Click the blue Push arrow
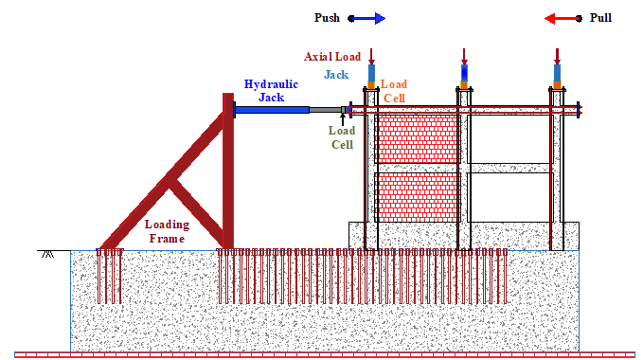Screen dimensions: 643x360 click(x=366, y=18)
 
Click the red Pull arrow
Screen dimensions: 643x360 click(x=563, y=18)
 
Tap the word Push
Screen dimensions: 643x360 click(x=327, y=18)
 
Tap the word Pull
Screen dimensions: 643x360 click(x=600, y=18)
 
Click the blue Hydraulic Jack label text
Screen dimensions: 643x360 click(x=271, y=91)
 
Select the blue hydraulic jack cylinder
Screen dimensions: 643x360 click(x=272, y=110)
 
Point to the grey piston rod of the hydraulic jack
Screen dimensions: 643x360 click(x=325, y=110)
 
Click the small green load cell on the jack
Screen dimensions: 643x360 click(x=344, y=110)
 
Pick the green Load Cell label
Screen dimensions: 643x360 click(x=342, y=137)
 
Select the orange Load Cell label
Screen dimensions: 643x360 click(x=394, y=91)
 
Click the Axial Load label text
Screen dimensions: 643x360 click(x=332, y=57)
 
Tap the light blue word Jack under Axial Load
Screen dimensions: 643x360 click(x=336, y=75)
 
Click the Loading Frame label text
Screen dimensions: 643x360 click(x=167, y=231)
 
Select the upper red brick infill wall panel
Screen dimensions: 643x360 click(x=417, y=138)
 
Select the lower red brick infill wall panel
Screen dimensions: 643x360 click(x=417, y=197)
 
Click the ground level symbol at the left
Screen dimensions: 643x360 click(x=48, y=253)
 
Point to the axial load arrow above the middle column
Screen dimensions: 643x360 click(x=464, y=57)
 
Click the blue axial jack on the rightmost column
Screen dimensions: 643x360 click(x=557, y=73)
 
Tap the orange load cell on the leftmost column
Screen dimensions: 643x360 click(x=371, y=85)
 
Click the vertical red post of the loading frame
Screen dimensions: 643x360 click(x=228, y=171)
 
